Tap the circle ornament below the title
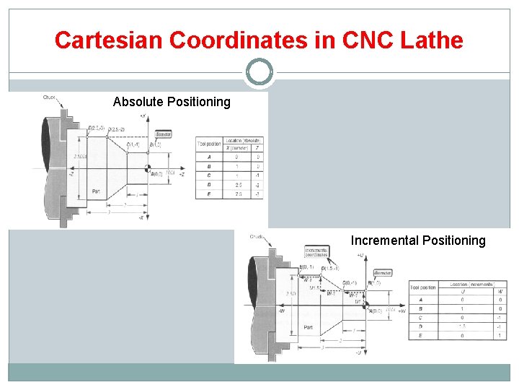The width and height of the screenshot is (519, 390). pos(259,72)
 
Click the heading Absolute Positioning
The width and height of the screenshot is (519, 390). pos(172,102)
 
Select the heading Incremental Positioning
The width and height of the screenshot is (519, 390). pos(418,240)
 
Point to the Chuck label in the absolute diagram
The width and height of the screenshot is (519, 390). pos(49,98)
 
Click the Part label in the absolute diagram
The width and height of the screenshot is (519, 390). pos(96,191)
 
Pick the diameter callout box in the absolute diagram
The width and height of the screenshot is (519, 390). pos(164,134)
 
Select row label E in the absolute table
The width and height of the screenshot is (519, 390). pos(208,194)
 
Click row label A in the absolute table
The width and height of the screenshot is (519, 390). pos(208,156)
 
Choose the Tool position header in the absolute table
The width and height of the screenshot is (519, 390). pos(208,144)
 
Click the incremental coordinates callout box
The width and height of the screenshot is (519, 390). pos(316,252)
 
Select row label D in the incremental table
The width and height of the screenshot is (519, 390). pos(420,326)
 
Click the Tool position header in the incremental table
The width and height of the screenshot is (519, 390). pos(423,287)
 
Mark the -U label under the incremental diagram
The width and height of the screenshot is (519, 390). pos(358,353)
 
